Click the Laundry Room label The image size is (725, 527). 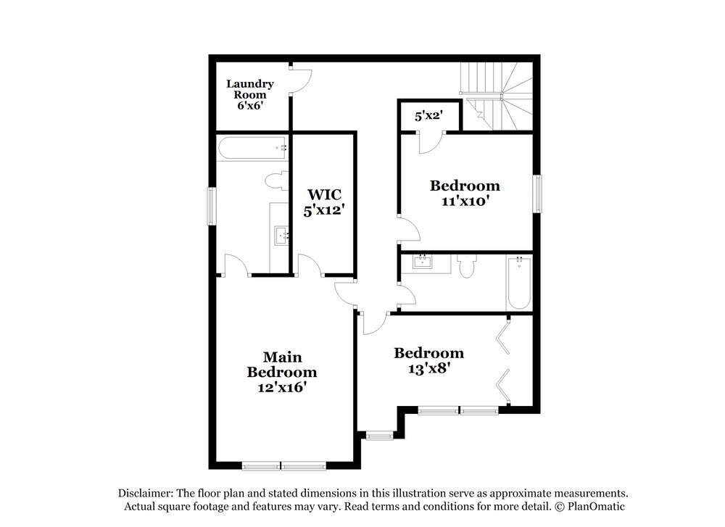pyautogui.click(x=250, y=94)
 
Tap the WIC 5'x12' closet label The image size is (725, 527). pyautogui.click(x=323, y=202)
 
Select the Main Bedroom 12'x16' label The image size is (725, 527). pyautogui.click(x=282, y=372)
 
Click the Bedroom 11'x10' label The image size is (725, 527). pyautogui.click(x=465, y=193)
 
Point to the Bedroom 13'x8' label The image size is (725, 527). pyautogui.click(x=428, y=360)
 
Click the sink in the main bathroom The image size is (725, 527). pyautogui.click(x=281, y=234)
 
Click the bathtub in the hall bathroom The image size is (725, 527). pyautogui.click(x=518, y=283)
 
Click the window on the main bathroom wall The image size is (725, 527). pyautogui.click(x=212, y=206)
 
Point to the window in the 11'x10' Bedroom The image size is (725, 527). pyautogui.click(x=537, y=194)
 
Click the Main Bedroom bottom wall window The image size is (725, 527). pyautogui.click(x=283, y=466)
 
